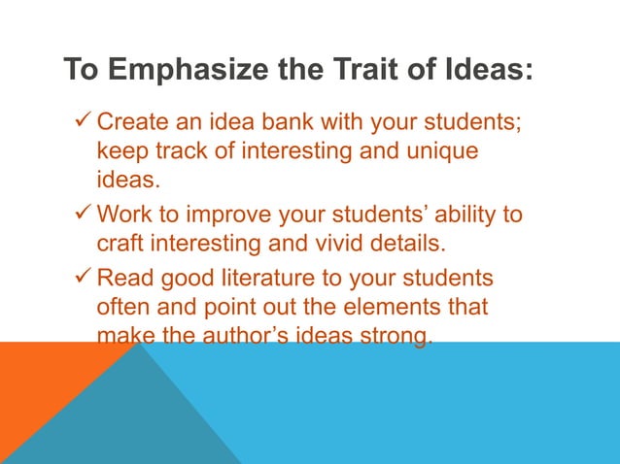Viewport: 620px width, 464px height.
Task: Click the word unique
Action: (444, 152)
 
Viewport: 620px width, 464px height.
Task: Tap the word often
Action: (122, 307)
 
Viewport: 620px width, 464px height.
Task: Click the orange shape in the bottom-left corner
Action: (39, 388)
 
